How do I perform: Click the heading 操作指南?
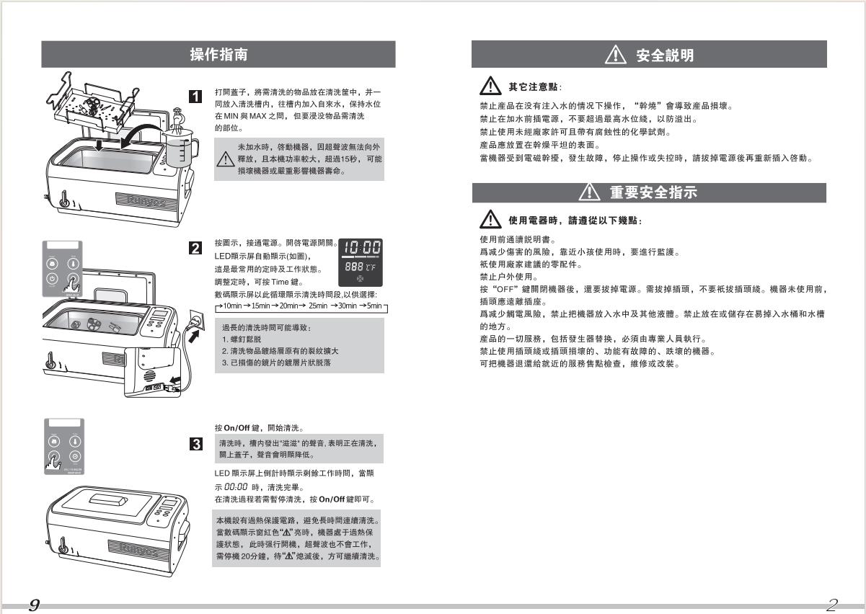click(x=218, y=54)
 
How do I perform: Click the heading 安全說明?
click(x=666, y=55)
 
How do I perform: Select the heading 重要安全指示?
click(x=653, y=192)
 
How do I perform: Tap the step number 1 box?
click(x=194, y=95)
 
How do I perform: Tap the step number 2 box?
click(x=194, y=249)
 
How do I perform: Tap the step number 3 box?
click(x=194, y=443)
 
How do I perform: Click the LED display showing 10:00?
click(x=362, y=248)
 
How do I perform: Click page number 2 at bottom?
click(x=833, y=605)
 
